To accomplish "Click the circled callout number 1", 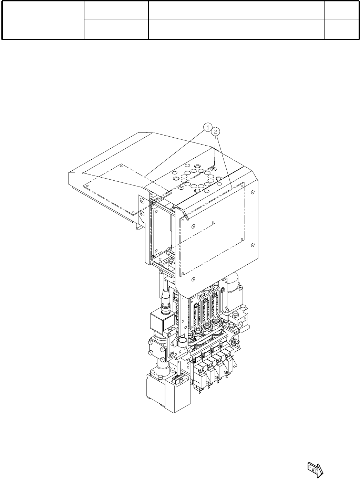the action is pyautogui.click(x=208, y=127).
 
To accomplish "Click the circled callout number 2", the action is pyautogui.click(x=216, y=131).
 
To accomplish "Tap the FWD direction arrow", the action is pyautogui.click(x=315, y=469).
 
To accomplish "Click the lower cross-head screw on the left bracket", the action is pyautogui.click(x=142, y=213).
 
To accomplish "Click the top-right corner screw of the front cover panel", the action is pyautogui.click(x=253, y=192).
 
